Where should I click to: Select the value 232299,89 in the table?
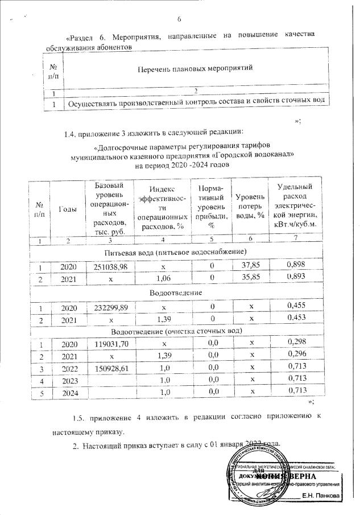click(x=109, y=306)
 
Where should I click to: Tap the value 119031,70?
click(x=109, y=344)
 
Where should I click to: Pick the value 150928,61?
click(x=109, y=369)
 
